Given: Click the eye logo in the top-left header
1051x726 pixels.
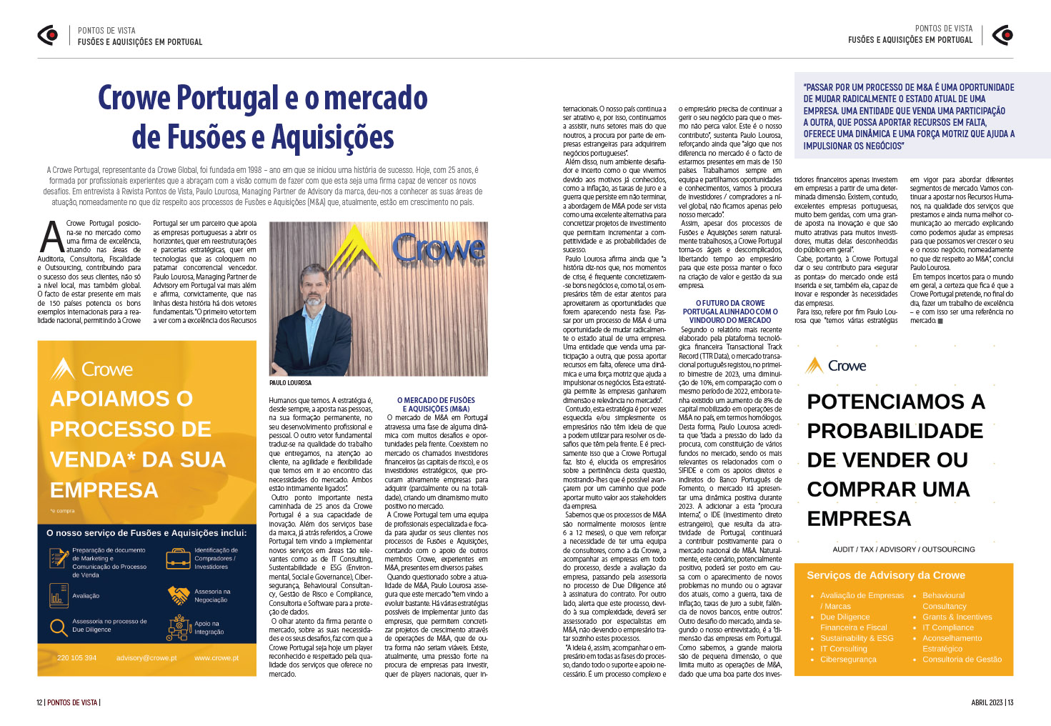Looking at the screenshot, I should pos(48,35).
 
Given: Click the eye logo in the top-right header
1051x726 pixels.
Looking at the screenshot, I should pos(1002,34).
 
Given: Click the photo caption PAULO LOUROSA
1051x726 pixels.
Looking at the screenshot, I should pos(290,383).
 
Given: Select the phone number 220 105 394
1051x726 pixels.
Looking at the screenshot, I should pos(76,658).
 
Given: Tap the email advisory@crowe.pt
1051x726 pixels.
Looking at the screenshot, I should pos(146,658).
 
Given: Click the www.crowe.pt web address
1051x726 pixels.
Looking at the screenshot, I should pos(216,658).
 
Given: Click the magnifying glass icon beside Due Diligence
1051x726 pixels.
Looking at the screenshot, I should pos(59,627).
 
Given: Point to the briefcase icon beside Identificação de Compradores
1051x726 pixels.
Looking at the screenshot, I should pos(178,559).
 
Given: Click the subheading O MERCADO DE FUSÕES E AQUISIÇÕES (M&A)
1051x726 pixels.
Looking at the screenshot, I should pos(436,404).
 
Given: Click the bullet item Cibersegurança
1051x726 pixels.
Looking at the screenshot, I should pos(848,660).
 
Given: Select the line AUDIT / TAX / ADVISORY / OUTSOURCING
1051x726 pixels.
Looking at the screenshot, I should pos(903,550).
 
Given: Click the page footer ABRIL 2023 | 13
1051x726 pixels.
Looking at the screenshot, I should pos(992,702).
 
